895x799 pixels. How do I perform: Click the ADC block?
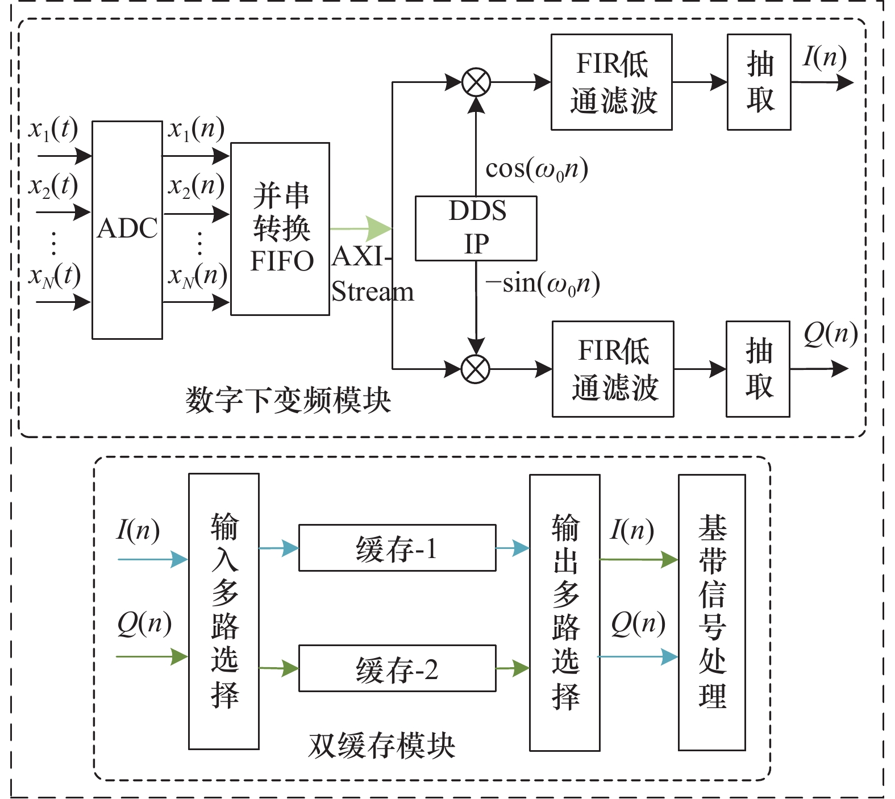tap(127, 230)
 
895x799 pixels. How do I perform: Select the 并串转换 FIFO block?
tap(280, 228)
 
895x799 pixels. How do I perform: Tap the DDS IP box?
tap(476, 228)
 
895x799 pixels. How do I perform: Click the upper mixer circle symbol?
tap(476, 82)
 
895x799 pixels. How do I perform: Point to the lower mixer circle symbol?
tap(476, 369)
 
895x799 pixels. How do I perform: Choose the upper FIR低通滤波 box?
tap(612, 82)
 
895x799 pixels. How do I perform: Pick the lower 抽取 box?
tap(758, 369)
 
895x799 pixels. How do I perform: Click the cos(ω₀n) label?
tap(536, 169)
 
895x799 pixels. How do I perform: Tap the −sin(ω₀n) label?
tap(543, 284)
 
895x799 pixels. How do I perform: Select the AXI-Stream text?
tap(372, 274)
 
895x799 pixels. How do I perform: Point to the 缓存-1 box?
tap(397, 548)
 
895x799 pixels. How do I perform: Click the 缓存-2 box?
tap(397, 668)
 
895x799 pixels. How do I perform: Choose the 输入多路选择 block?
tap(224, 611)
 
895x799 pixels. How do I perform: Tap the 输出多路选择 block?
tap(565, 613)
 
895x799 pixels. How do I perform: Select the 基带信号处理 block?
tap(712, 613)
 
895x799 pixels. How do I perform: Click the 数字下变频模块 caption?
tap(288, 400)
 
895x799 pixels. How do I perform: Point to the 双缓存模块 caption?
tap(382, 745)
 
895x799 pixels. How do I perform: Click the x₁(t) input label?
tap(53, 130)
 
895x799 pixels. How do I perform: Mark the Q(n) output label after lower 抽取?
tap(830, 335)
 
